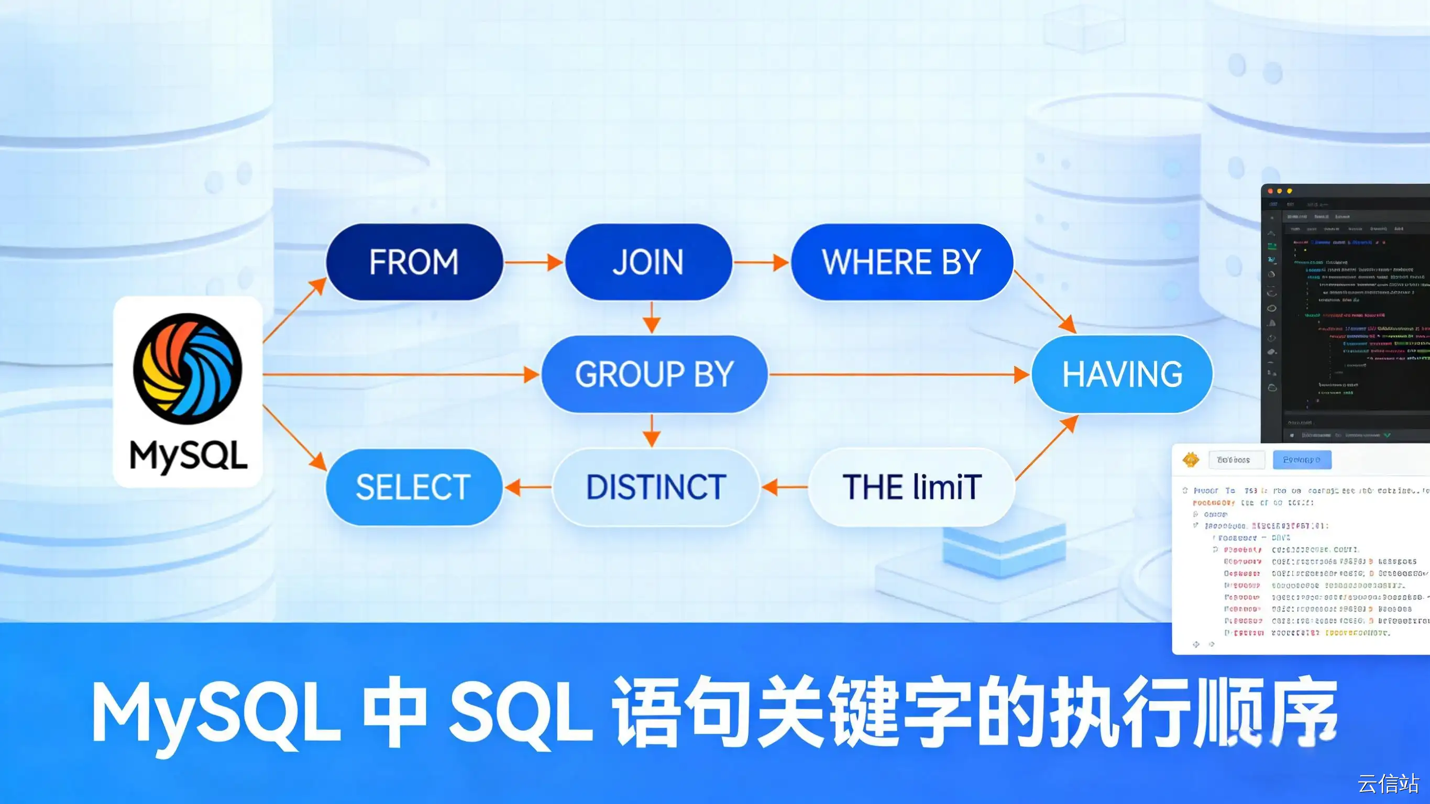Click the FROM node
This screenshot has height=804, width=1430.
point(414,262)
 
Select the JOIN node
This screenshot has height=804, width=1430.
point(648,262)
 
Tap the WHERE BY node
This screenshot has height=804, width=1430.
point(901,262)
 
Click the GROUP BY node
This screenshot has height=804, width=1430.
point(654,374)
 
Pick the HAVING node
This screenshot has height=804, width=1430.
point(1122,374)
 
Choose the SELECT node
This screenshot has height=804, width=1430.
point(414,488)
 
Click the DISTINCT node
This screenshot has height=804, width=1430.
point(656,488)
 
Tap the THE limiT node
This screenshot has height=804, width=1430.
point(911,488)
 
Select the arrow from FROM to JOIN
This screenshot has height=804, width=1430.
point(533,262)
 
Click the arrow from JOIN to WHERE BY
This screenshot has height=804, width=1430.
point(761,262)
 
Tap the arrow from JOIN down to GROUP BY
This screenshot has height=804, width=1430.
point(651,317)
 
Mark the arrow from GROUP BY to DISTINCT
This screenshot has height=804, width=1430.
point(651,431)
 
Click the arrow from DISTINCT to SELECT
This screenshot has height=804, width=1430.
point(527,488)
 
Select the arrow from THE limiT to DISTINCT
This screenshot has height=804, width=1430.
point(784,488)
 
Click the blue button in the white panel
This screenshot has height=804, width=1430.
point(1302,460)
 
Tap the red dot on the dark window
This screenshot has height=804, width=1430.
point(1270,191)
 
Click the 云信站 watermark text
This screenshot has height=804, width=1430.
point(1388,784)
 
